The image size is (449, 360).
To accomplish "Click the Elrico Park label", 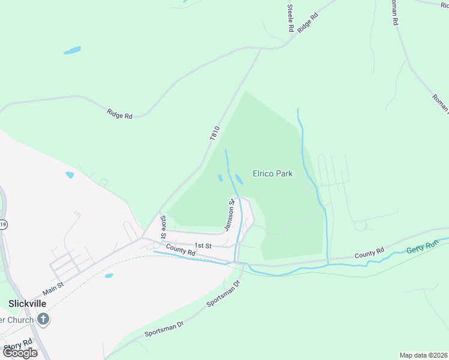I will tap(273, 174).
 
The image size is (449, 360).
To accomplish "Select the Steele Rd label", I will tap(291, 18).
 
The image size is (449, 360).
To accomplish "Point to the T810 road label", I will tap(215, 133).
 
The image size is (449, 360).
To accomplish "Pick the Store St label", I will tap(163, 226).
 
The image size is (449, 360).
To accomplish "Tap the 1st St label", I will tap(203, 246).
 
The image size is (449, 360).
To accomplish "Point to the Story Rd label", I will tap(18, 346).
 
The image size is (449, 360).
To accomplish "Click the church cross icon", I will tap(42, 319).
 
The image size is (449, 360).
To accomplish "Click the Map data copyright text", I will tap(424, 355).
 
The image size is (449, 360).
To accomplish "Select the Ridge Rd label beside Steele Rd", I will tap(307, 22).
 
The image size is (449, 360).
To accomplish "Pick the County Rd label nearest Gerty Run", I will tap(369, 254).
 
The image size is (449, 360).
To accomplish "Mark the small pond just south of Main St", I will tap(109, 276).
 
